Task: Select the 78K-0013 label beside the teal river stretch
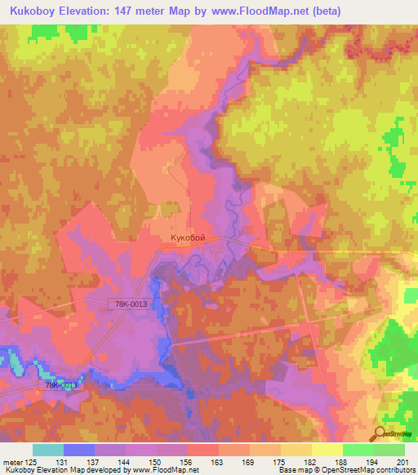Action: [x=60, y=385]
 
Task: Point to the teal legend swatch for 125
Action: [x=47, y=450]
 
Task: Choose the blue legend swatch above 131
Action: [x=79, y=450]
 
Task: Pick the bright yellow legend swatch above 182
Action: [x=327, y=450]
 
